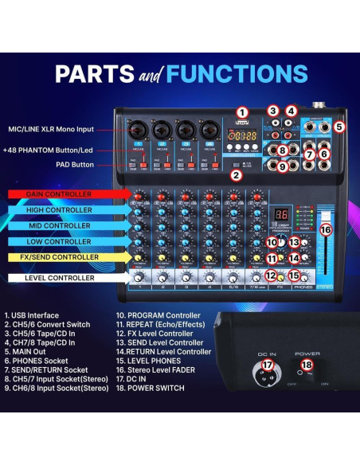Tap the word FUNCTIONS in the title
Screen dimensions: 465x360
coord(239,74)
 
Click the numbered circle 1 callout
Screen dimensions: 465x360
coord(242,113)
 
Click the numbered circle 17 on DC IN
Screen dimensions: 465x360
coord(268,365)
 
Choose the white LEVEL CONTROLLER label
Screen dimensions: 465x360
coord(61,278)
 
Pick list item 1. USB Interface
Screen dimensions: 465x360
coord(32,315)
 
